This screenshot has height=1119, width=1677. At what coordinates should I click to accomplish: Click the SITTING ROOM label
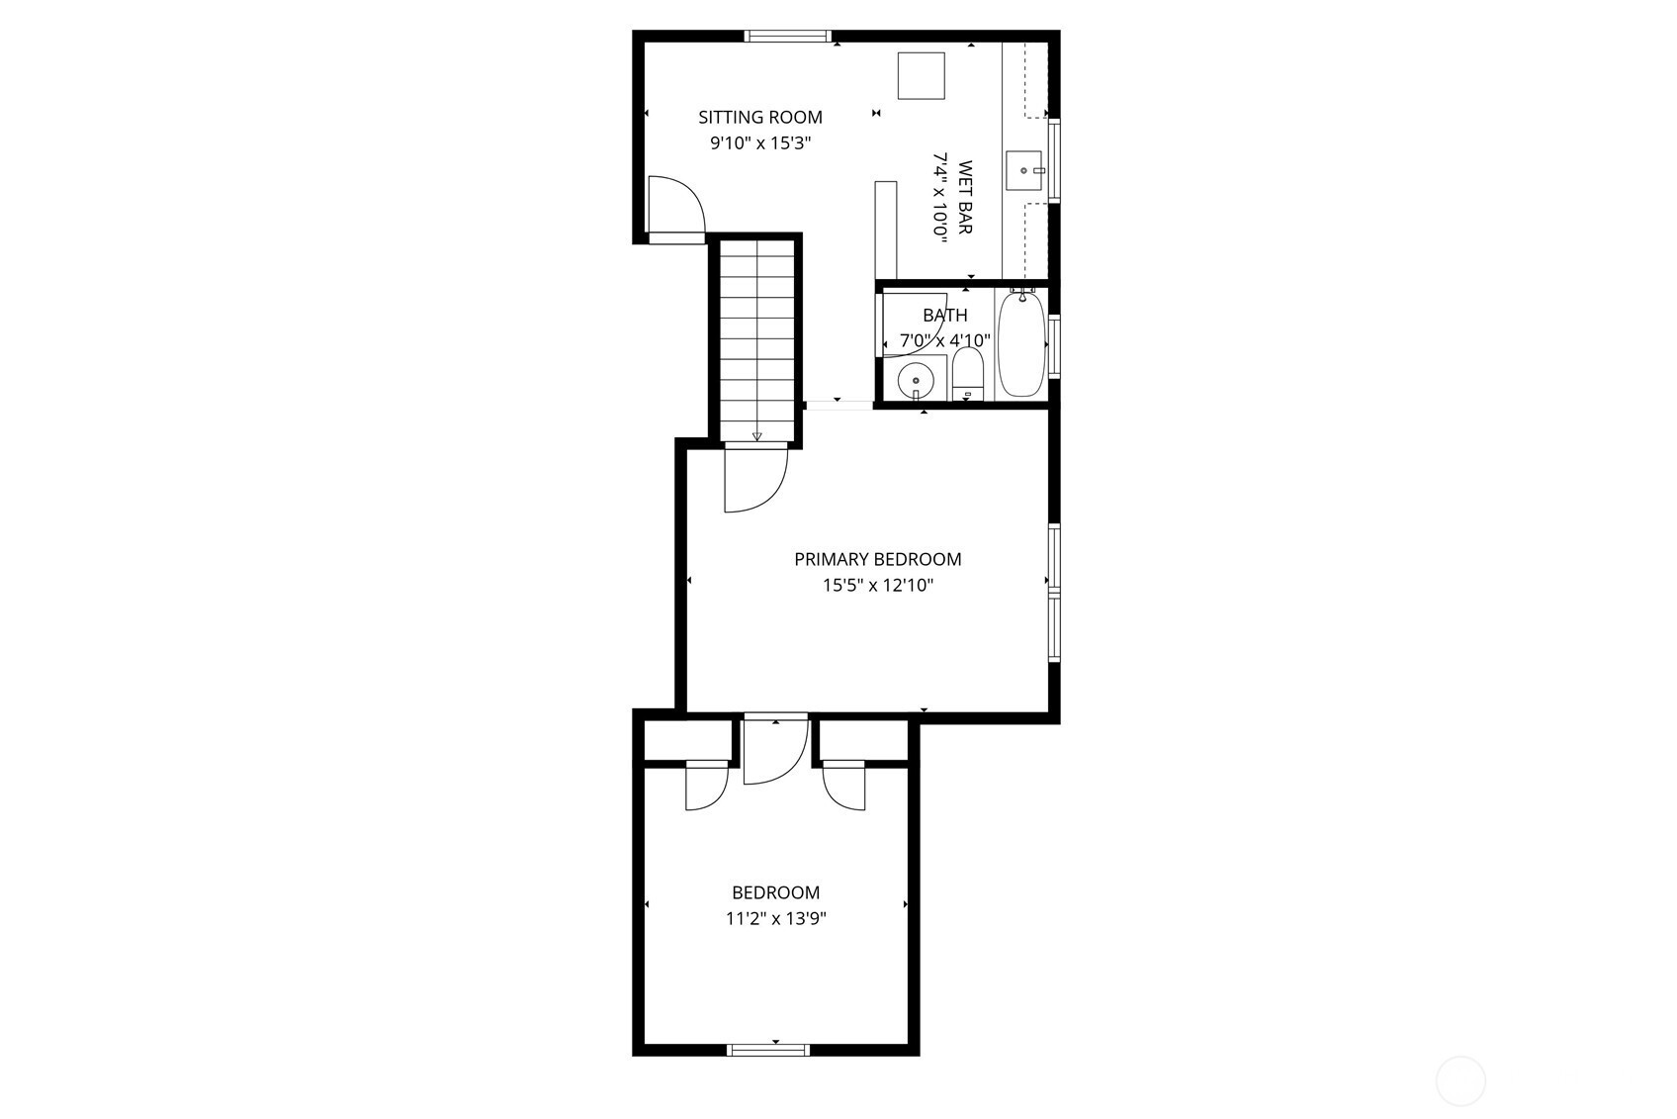tap(759, 117)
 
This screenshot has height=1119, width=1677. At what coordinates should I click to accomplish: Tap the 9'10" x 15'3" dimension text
tap(760, 143)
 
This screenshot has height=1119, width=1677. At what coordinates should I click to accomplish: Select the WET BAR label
tap(966, 197)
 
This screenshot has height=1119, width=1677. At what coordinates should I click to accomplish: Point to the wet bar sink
tap(1023, 171)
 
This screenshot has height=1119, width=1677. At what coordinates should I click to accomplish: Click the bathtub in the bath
tap(1021, 344)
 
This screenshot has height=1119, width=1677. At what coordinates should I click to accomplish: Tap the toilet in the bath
tap(968, 374)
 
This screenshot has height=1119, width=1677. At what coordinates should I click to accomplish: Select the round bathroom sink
tap(915, 381)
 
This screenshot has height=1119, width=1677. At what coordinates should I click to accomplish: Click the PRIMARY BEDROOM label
tap(877, 559)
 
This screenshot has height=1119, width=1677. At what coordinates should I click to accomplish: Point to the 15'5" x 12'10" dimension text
tap(878, 585)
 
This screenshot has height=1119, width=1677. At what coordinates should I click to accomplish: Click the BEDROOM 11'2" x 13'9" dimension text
tap(775, 918)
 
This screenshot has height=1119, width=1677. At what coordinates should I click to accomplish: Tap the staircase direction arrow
tap(756, 436)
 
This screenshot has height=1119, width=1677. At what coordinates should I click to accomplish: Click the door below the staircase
tap(756, 477)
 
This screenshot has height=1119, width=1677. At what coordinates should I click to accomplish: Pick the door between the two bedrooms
tap(776, 749)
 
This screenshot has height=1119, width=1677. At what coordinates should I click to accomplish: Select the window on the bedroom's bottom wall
tap(768, 1050)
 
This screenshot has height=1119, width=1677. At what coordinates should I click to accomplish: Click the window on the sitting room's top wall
tap(788, 36)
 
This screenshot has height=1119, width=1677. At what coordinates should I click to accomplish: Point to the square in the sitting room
tap(921, 75)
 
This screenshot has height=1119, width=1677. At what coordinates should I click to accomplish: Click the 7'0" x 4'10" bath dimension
tap(945, 340)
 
